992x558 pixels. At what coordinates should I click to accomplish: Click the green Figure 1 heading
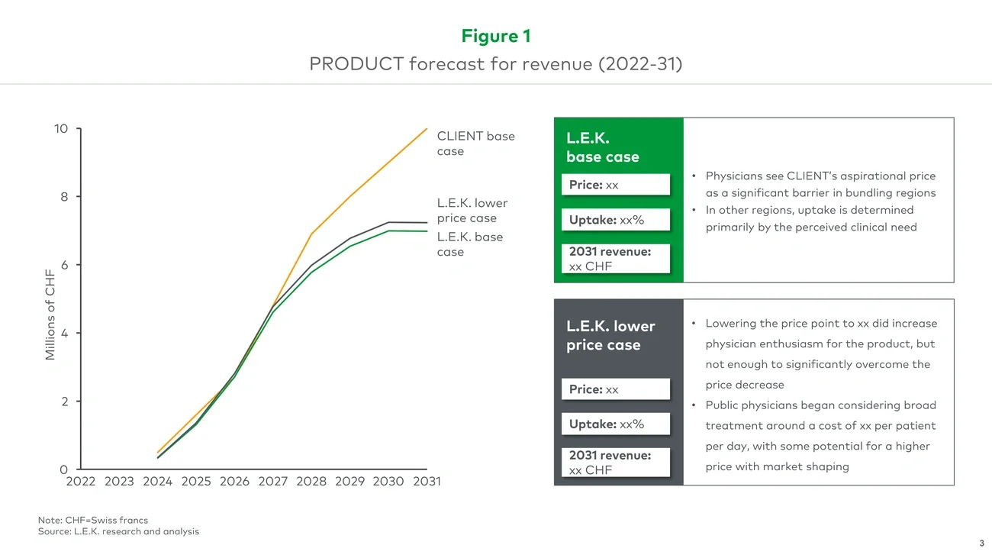coord(495,36)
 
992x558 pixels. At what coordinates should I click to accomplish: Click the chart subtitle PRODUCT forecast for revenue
coord(495,63)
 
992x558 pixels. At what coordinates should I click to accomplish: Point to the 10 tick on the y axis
coord(61,129)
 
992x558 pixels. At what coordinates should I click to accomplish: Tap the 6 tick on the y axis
coord(64,265)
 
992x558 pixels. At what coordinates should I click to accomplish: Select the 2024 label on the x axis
coord(157,482)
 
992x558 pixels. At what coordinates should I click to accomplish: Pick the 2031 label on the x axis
coord(427,482)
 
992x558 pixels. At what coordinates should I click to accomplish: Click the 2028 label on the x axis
coord(311,482)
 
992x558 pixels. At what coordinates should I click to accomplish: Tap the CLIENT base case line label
coord(475,144)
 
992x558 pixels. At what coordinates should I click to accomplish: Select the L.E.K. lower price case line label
coord(472,211)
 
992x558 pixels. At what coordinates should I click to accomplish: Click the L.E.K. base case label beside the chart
coord(469,244)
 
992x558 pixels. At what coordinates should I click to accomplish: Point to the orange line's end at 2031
coord(427,129)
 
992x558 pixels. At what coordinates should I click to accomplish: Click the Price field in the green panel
coord(616,185)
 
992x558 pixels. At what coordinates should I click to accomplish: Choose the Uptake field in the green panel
coord(616,220)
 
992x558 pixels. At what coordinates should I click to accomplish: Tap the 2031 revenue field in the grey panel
coord(616,463)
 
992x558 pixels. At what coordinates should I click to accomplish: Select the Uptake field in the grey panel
coord(616,424)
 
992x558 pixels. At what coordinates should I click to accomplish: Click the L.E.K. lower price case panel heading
coord(610,335)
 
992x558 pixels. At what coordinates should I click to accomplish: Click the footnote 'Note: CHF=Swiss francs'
coord(93,520)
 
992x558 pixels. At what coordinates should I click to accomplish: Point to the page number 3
coord(981,543)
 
